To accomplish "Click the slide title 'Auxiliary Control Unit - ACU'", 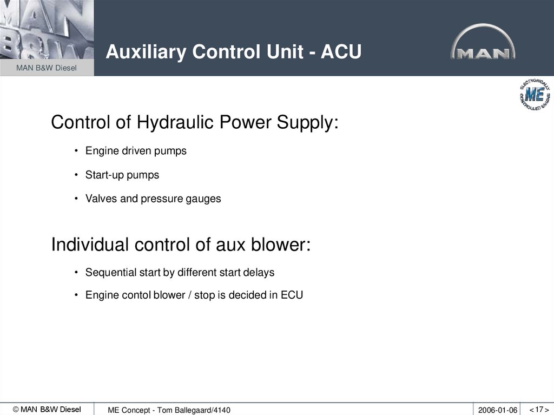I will [233, 52].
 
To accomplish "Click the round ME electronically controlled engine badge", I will [535, 95].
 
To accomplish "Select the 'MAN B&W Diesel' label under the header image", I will [47, 68].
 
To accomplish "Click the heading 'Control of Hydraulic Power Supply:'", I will [194, 122].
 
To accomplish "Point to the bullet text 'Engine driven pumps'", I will [136, 151].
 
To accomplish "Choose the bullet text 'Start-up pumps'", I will [122, 175].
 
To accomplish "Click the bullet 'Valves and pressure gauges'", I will [153, 199].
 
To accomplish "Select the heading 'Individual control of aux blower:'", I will [181, 245].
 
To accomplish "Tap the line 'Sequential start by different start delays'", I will [180, 273].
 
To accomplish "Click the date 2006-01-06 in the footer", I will [497, 410].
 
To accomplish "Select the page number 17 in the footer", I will [539, 409].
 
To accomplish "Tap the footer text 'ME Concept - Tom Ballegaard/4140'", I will [169, 410].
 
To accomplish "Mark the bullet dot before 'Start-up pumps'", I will [77, 175].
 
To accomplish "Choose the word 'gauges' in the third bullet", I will [205, 199].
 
